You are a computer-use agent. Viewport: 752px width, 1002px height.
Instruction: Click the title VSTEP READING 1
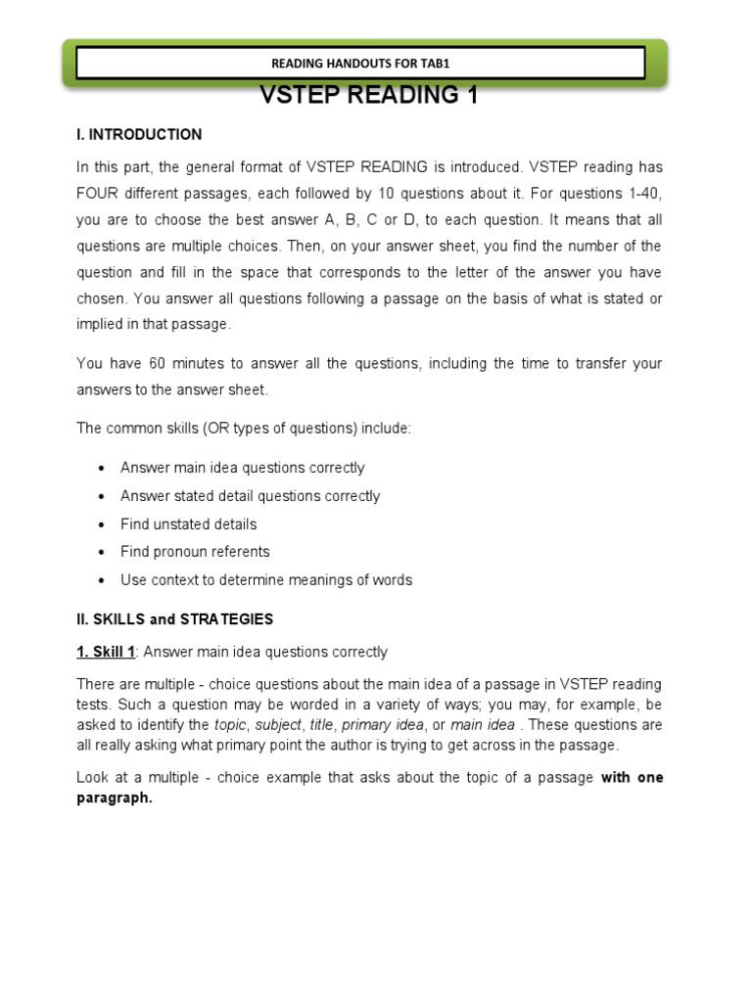point(368,96)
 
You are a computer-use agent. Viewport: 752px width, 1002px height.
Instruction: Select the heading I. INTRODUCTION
point(139,135)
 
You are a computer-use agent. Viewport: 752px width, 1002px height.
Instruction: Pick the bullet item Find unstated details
point(188,524)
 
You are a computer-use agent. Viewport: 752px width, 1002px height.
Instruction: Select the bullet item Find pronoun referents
point(195,551)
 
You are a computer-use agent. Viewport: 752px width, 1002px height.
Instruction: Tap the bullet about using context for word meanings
point(266,579)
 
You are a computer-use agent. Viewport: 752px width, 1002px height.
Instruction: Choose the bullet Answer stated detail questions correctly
point(250,496)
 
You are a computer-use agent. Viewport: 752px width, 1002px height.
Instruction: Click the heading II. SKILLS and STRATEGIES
point(175,619)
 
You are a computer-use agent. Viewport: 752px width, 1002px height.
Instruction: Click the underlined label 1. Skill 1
point(106,652)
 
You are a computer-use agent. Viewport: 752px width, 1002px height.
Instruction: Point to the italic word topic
point(231,725)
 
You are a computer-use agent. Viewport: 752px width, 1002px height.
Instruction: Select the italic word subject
point(278,725)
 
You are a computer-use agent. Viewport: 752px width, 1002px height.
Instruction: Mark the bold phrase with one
point(632,777)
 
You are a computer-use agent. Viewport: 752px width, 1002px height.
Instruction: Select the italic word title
point(321,725)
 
